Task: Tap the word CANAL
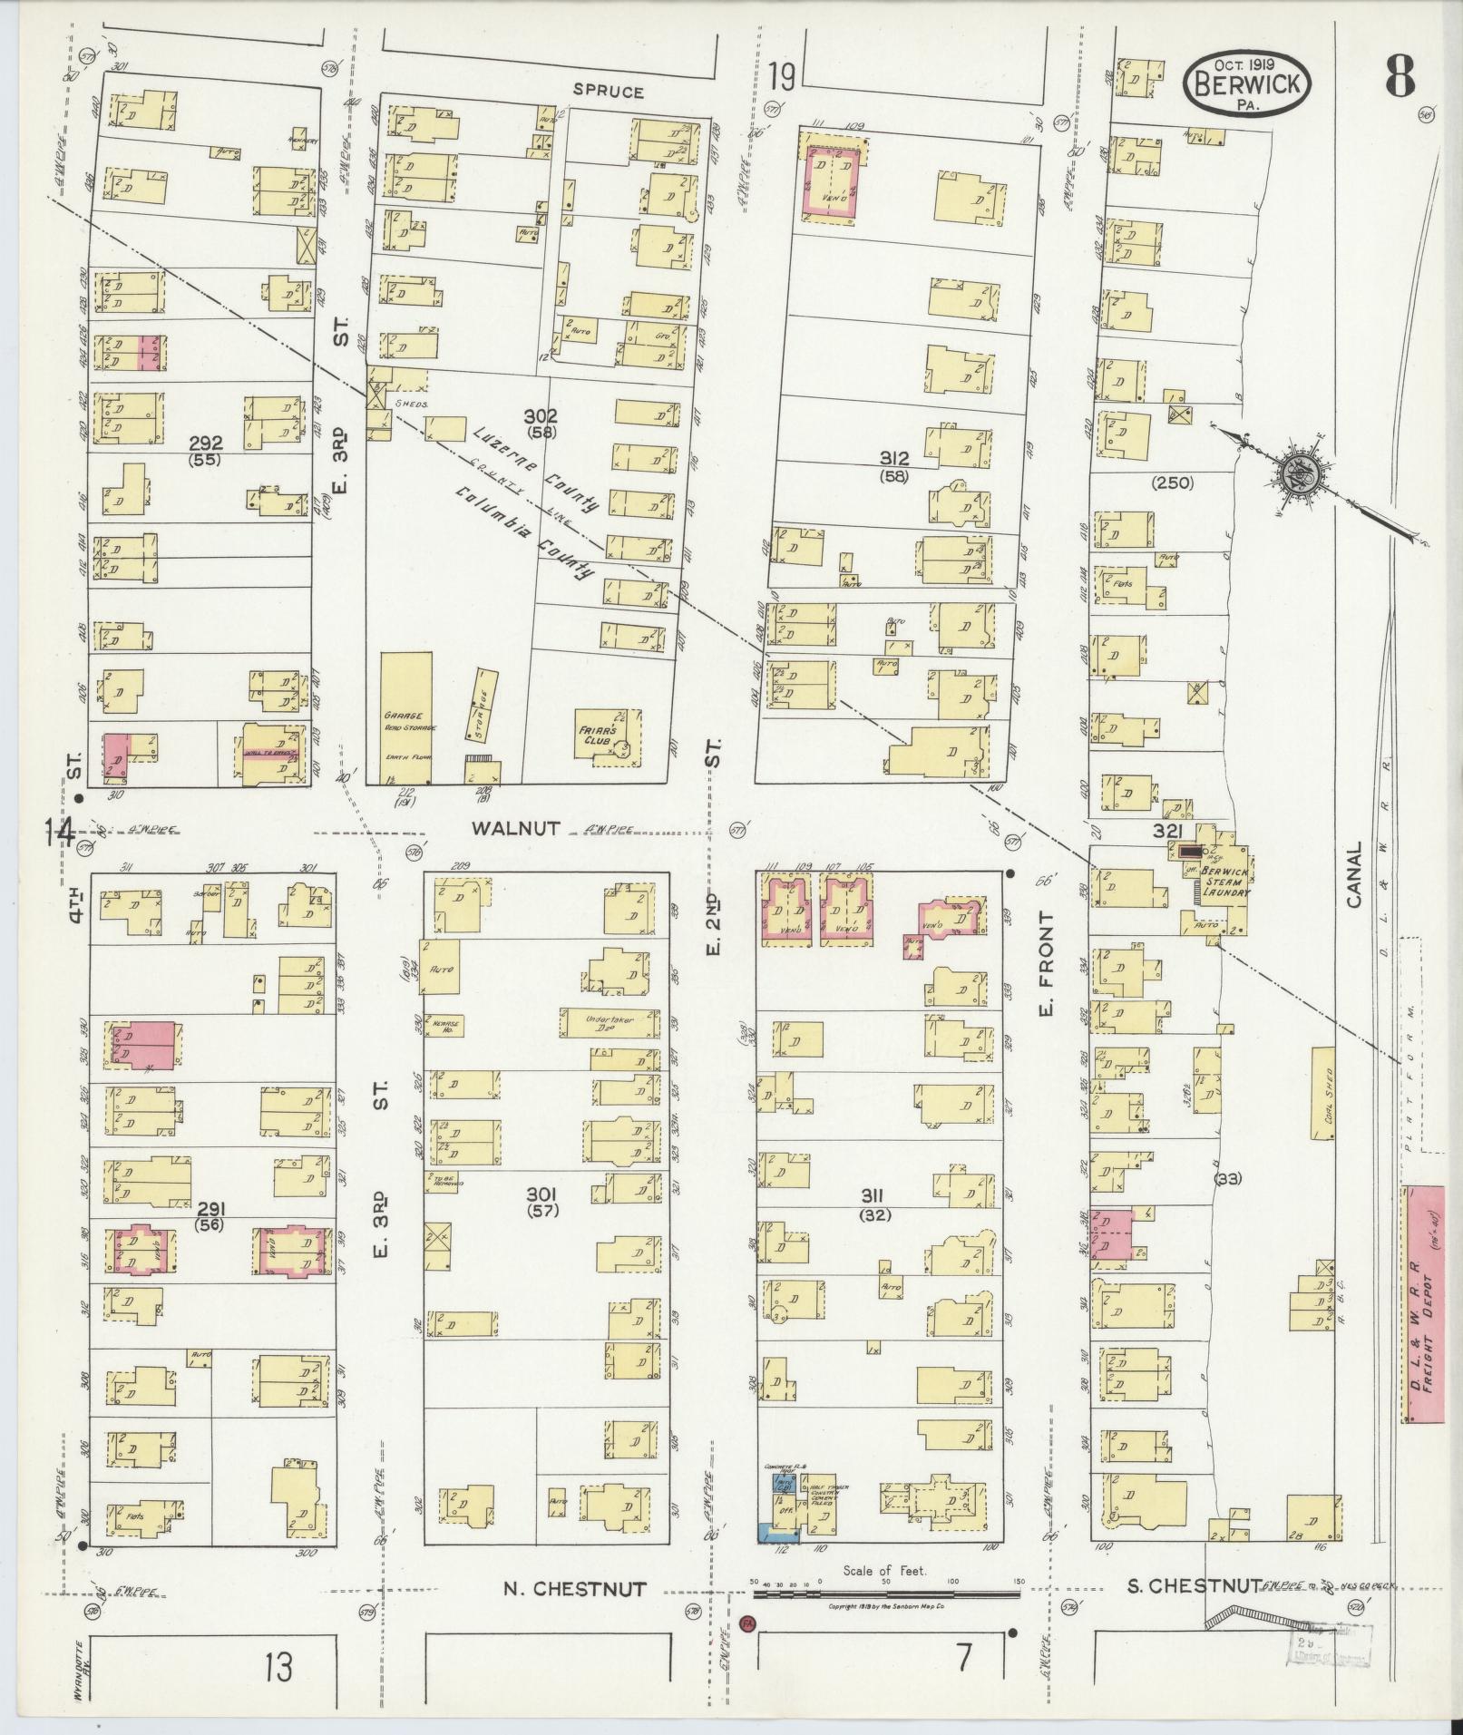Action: (x=1354, y=874)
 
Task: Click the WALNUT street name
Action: (x=516, y=827)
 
